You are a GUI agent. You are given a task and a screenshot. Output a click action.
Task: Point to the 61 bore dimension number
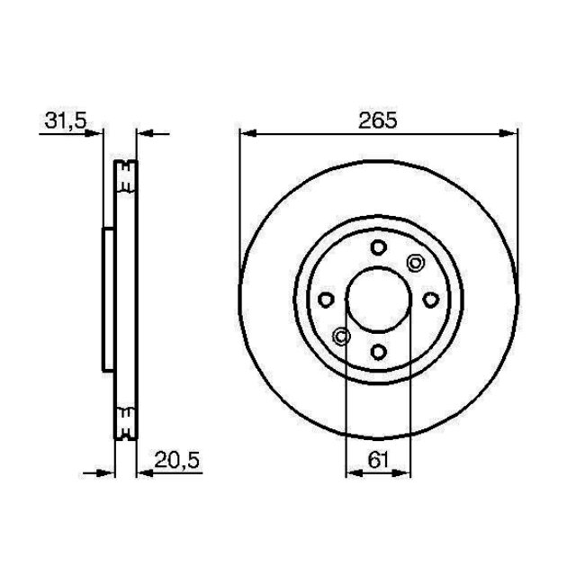coord(378,460)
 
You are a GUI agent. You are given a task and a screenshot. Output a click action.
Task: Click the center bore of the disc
coord(378,300)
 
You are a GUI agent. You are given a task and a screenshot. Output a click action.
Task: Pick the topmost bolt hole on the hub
coord(378,248)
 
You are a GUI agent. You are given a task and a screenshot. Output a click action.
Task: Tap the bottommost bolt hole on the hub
coord(378,351)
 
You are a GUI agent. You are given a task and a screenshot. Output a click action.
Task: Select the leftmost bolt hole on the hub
coord(327,300)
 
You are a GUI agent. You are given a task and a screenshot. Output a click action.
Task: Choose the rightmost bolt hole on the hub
coord(430,300)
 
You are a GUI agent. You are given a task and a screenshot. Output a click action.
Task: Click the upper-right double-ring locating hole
coord(415,263)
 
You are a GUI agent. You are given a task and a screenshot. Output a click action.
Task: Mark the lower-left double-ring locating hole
coord(341,337)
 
